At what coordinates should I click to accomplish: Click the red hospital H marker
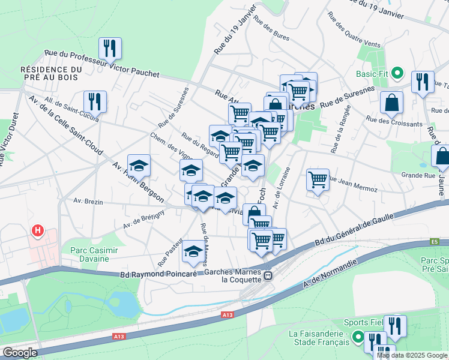[x=38, y=230]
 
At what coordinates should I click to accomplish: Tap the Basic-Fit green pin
[x=397, y=74]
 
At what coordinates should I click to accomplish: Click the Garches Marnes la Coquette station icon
[x=268, y=277]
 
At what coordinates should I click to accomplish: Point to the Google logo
[x=20, y=353]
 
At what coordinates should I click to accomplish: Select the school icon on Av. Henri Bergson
[x=139, y=164]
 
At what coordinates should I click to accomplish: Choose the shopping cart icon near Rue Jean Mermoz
[x=318, y=178]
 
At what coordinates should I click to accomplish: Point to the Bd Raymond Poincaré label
[x=159, y=274]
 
